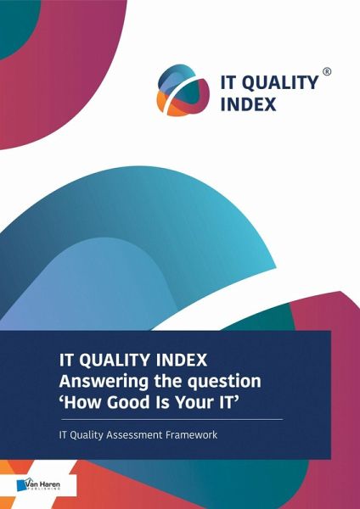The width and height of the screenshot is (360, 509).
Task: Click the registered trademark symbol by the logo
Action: pyautogui.click(x=327, y=72)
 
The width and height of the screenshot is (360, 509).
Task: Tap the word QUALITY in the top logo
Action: pyautogui.click(x=281, y=83)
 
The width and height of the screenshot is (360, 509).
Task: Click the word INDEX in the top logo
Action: pyautogui.click(x=249, y=104)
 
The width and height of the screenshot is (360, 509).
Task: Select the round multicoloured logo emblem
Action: pyautogui.click(x=183, y=90)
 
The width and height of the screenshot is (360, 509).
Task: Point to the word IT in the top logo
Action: pyautogui.click(x=228, y=82)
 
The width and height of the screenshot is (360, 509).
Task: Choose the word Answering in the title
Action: pyautogui.click(x=104, y=382)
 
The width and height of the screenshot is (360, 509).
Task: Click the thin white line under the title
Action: pyautogui.click(x=172, y=419)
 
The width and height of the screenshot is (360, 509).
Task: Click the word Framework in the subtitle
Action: pyautogui.click(x=191, y=434)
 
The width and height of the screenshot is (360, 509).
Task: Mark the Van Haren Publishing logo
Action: pyautogui.click(x=38, y=485)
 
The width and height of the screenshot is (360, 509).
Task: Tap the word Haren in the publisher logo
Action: pyautogui.click(x=50, y=484)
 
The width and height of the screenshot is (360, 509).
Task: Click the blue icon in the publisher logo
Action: pyautogui.click(x=20, y=485)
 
